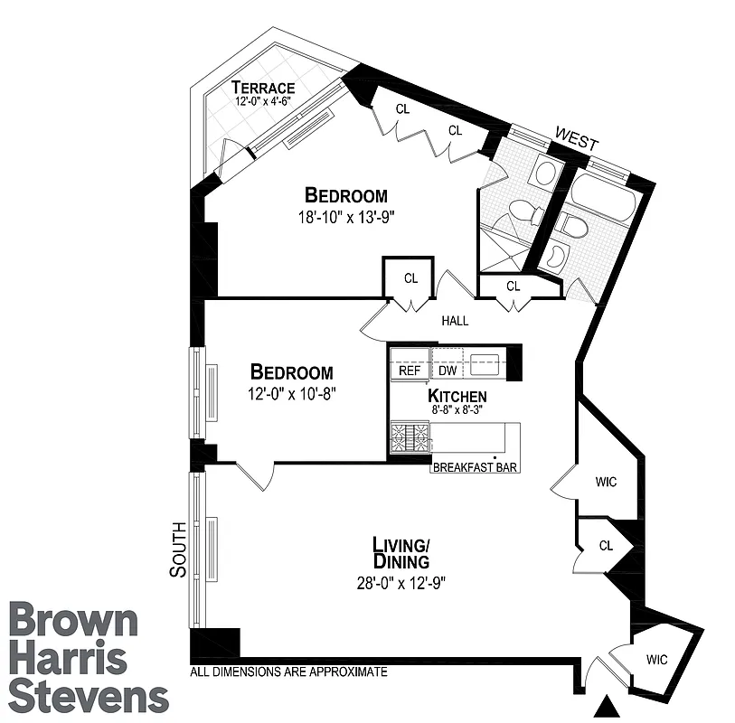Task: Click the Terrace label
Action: pos(262,88)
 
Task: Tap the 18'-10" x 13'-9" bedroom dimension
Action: pos(346,217)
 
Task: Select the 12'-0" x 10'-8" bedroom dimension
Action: pos(291,394)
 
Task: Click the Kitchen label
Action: pos(457,396)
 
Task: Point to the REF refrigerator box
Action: pos(410,371)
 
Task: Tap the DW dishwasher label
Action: pos(448,371)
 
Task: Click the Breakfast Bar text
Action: pos(475,467)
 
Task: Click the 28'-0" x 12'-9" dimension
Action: pos(401,583)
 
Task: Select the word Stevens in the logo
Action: pos(89,697)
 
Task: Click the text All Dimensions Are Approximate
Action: pos(289,672)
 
